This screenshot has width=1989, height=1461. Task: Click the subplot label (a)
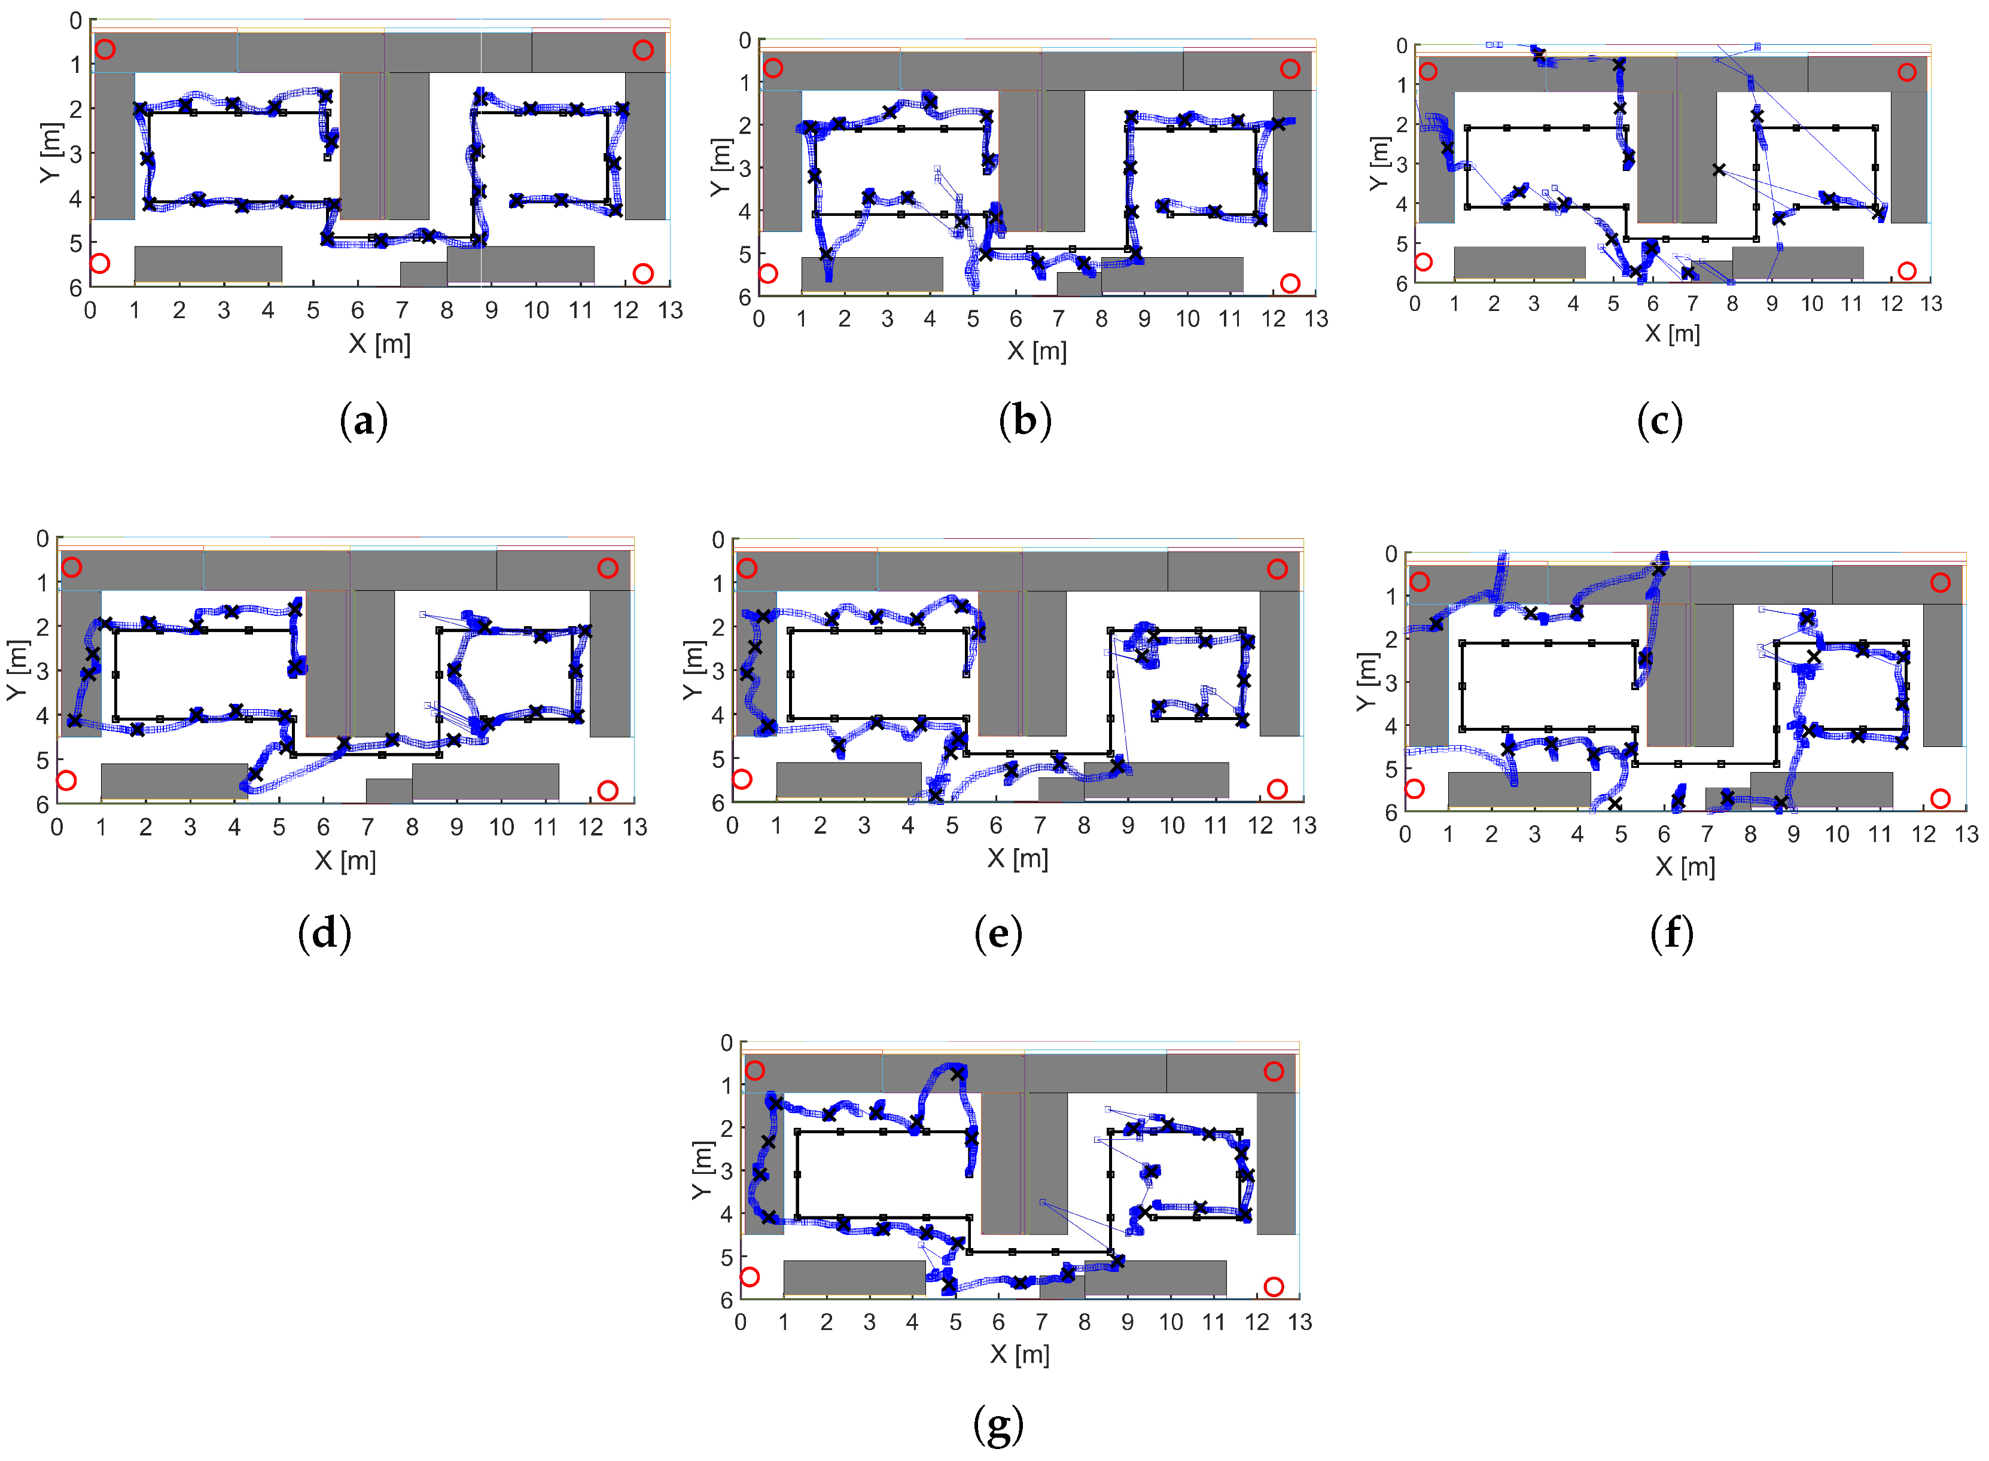click(364, 421)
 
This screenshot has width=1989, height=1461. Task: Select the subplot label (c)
click(1659, 421)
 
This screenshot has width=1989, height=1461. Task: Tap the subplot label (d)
click(325, 933)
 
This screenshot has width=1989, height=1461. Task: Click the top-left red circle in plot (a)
click(105, 48)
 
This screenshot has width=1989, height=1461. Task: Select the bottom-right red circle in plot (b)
click(1290, 283)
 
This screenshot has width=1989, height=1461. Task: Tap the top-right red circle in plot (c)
click(1907, 72)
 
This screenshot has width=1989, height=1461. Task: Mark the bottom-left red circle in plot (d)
click(66, 780)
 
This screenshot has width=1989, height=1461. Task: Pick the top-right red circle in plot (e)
click(1277, 569)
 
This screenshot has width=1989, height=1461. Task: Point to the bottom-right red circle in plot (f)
click(1941, 798)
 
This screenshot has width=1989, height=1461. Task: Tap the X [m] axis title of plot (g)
click(1020, 1353)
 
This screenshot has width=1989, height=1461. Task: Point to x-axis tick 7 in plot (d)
click(368, 827)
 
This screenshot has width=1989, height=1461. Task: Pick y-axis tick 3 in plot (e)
click(717, 671)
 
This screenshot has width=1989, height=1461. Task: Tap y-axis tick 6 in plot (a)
click(76, 288)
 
